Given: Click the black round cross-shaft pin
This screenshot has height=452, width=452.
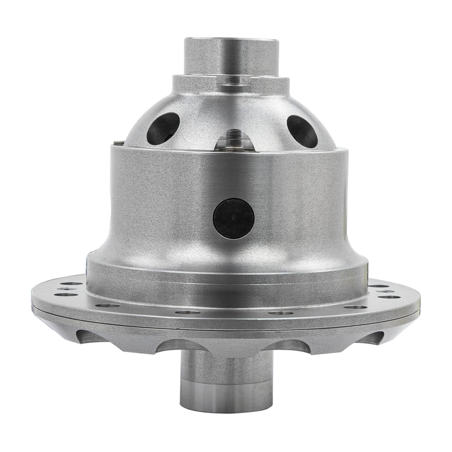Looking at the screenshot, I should coord(232,217).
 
